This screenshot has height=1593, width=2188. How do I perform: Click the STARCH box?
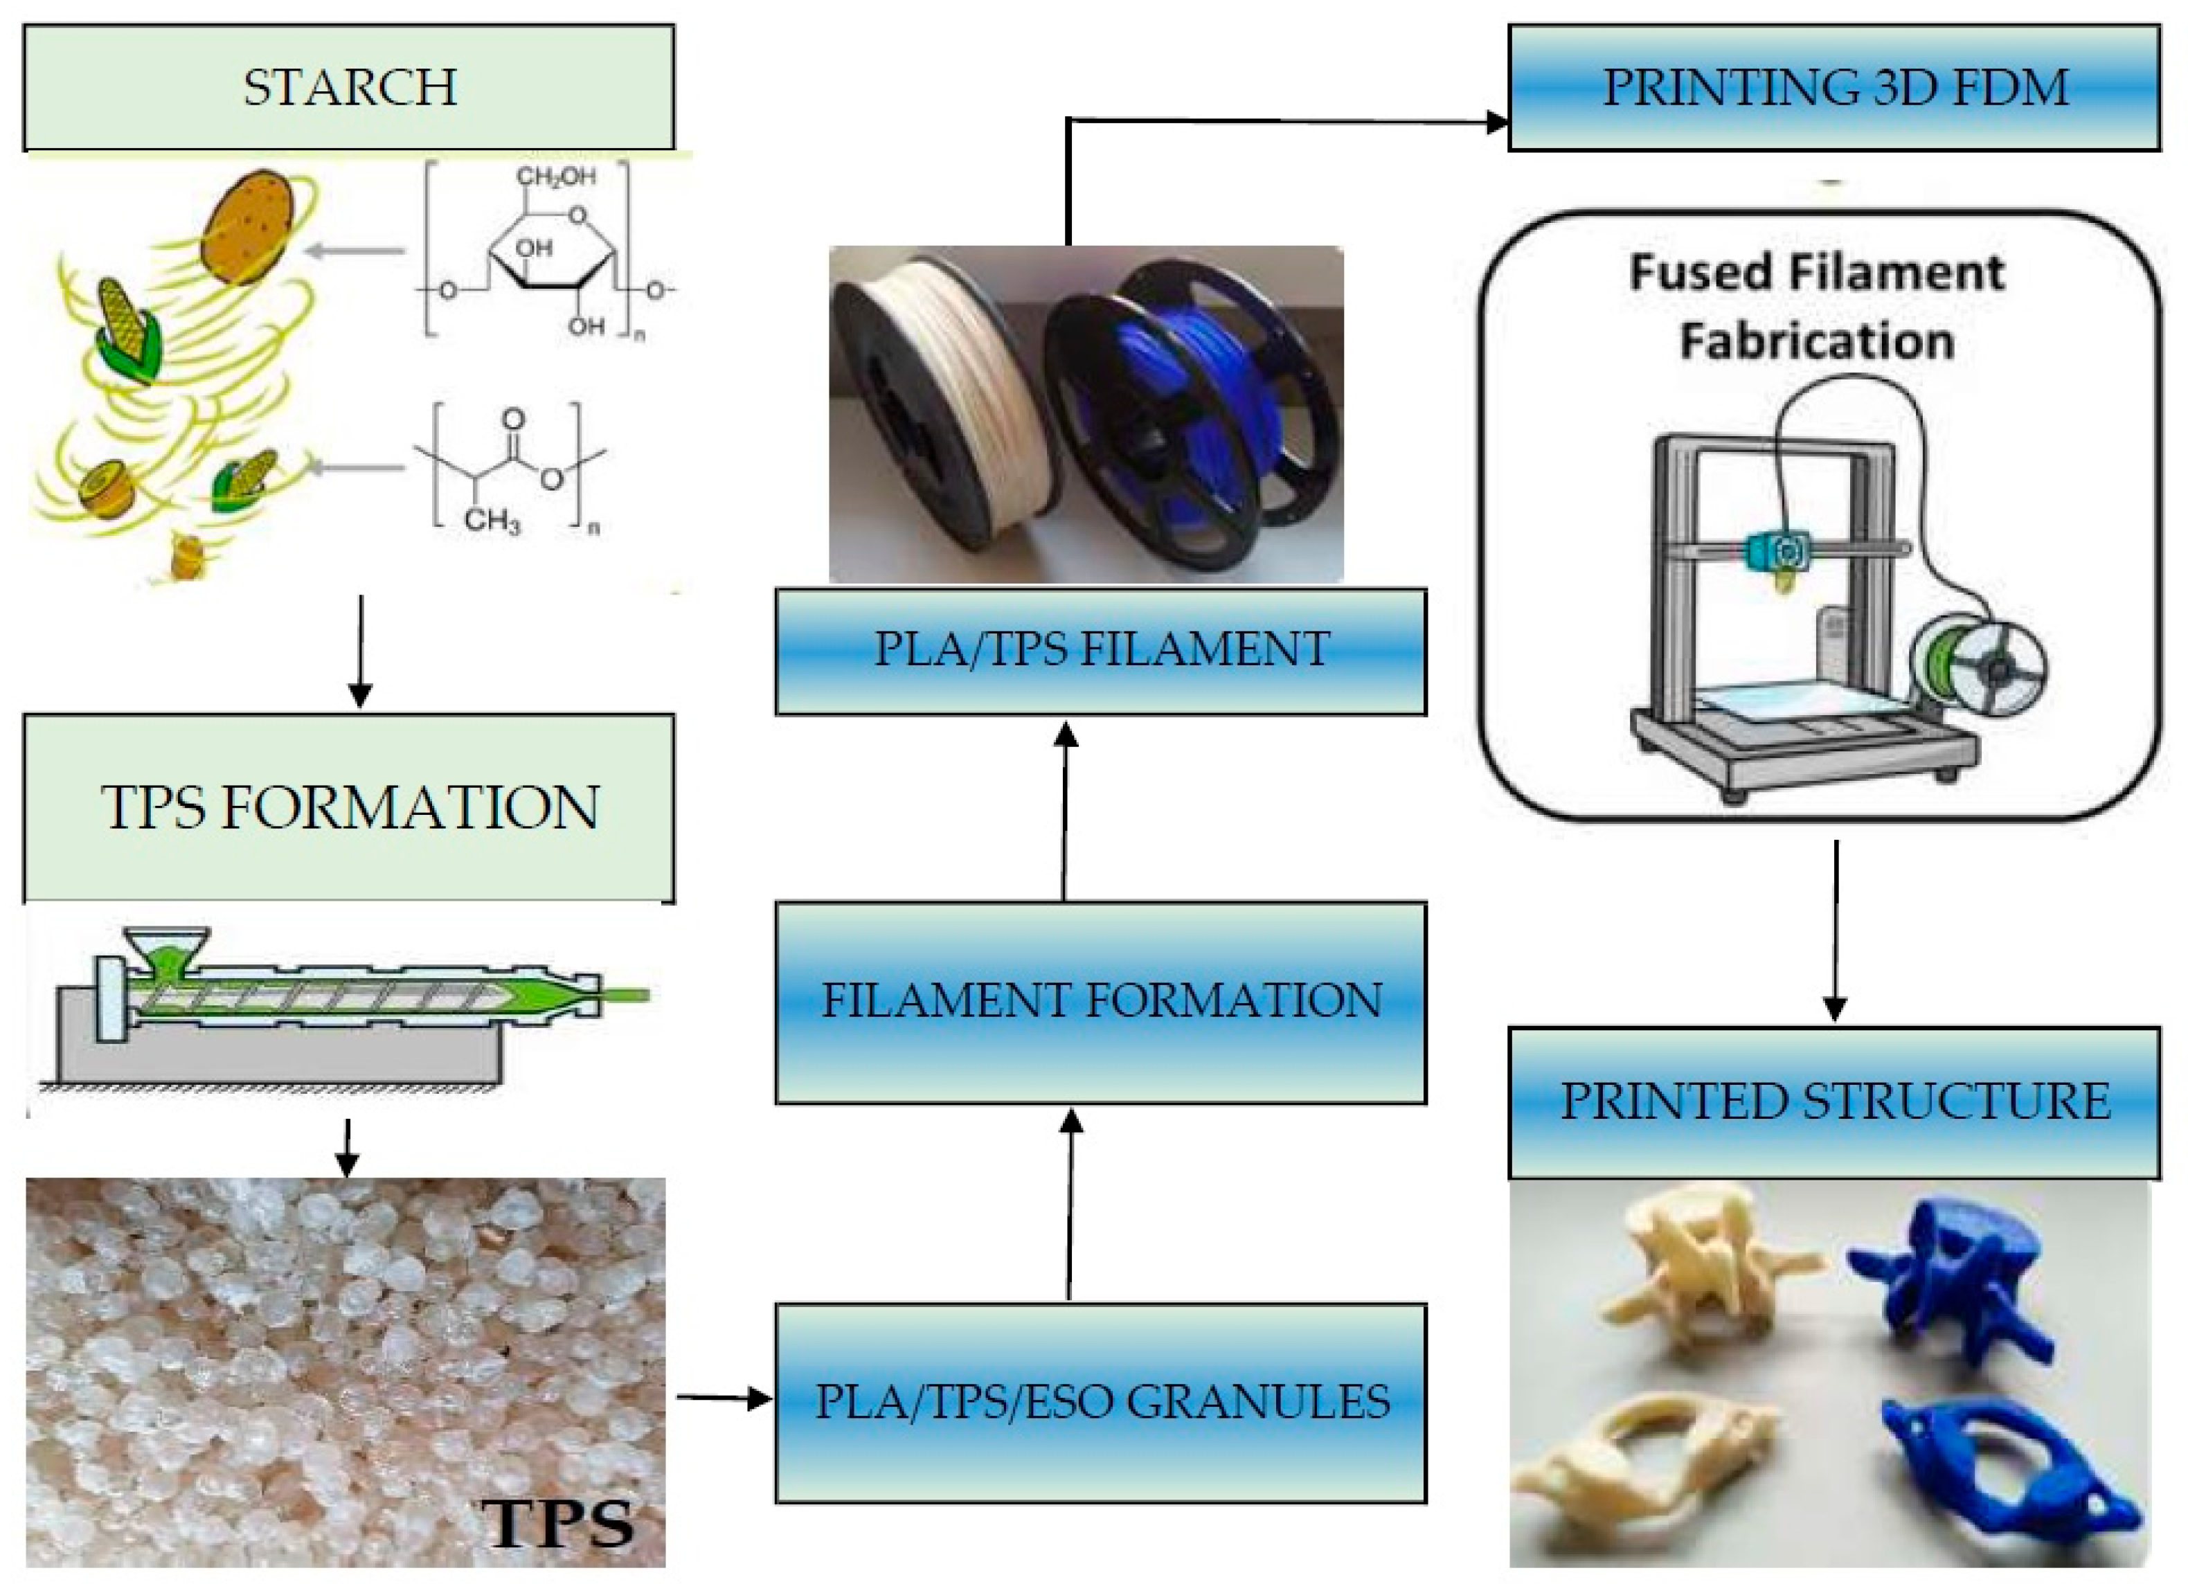tap(348, 87)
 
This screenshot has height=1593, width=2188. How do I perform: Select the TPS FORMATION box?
tap(348, 808)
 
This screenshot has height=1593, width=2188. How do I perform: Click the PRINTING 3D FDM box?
tap(1833, 87)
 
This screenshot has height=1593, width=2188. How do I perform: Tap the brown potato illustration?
tap(249, 227)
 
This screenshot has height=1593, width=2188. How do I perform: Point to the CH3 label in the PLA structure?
tap(492, 522)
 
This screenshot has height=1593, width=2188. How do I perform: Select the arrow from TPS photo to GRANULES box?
tap(724, 1396)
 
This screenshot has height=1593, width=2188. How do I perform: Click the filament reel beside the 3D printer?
tap(1978, 666)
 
